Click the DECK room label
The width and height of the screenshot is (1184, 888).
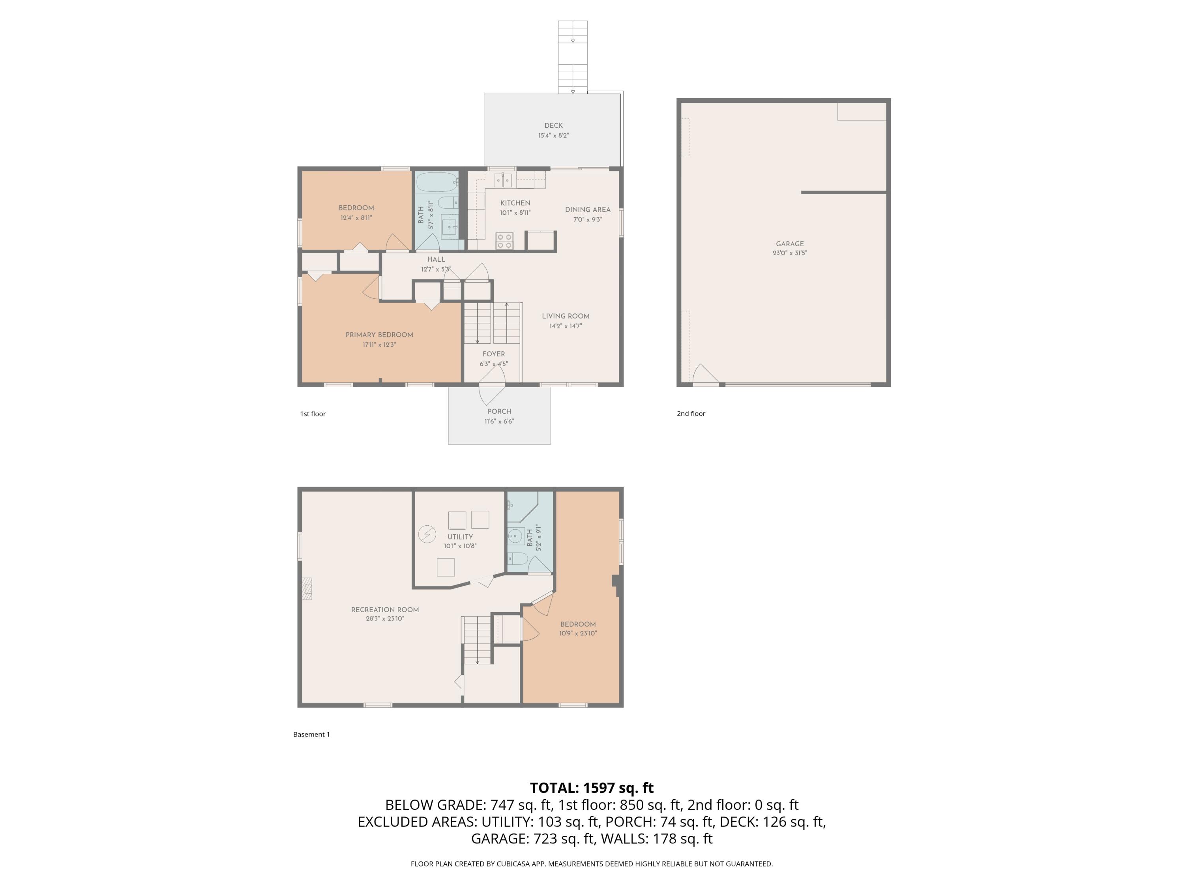tap(553, 125)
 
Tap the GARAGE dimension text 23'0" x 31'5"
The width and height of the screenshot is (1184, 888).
tap(789, 253)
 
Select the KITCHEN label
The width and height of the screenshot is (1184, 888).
tap(515, 203)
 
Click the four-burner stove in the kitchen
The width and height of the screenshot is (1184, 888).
tap(504, 241)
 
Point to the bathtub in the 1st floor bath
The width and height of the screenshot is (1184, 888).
tap(437, 182)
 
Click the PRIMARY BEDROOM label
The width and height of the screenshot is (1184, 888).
tap(379, 335)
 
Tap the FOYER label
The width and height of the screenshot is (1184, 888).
tap(493, 354)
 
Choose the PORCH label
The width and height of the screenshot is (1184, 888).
tap(499, 411)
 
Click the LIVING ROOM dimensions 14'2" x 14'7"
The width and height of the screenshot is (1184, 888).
tap(565, 326)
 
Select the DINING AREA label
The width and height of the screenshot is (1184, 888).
tap(587, 209)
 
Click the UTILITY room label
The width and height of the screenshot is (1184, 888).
tap(460, 536)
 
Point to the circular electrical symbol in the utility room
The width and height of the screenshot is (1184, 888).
tap(427, 534)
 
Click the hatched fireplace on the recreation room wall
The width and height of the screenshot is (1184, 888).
tap(307, 588)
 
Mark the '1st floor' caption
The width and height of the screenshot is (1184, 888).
tap(313, 414)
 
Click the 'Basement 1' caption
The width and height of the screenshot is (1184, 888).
tap(311, 734)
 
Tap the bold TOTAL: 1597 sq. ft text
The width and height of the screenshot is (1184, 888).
tap(592, 787)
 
